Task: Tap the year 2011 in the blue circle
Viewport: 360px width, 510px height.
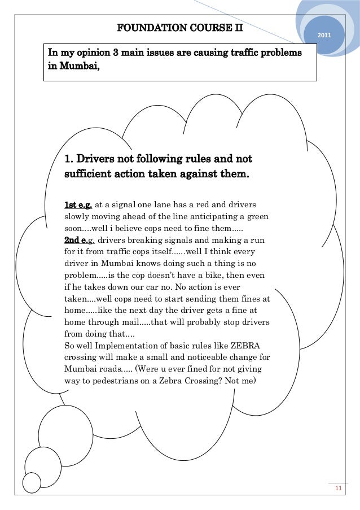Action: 324,36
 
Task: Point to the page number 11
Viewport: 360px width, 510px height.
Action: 339,489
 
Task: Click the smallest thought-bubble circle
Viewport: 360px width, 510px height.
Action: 32,482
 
